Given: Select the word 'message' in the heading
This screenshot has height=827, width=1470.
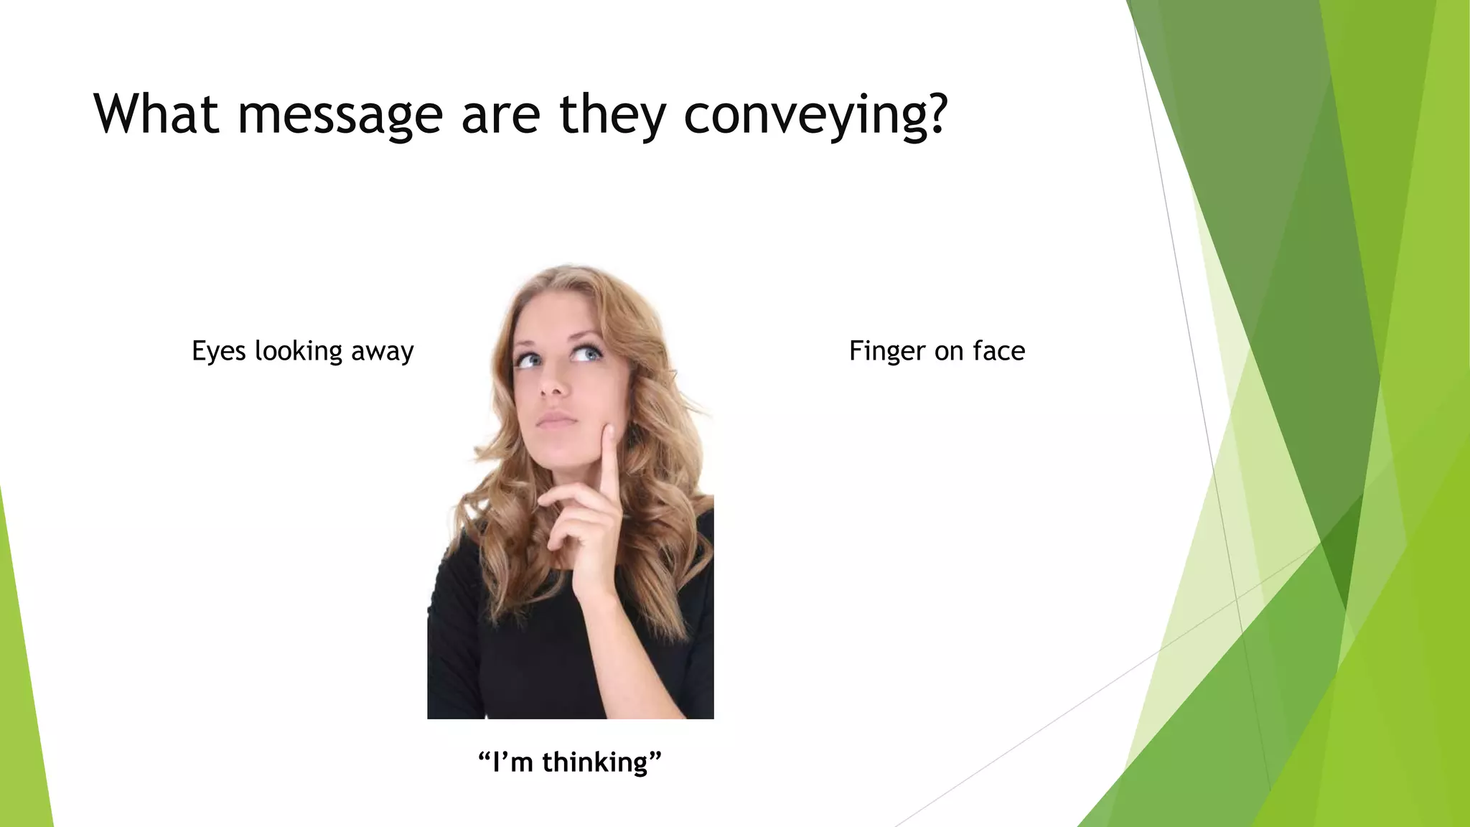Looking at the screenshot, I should pos(340,115).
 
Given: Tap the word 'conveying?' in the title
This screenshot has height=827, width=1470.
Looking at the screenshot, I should pos(815,115).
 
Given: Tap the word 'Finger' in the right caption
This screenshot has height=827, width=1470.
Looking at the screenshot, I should pos(887,351).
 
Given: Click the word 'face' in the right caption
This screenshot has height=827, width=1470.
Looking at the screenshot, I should pos(999,351).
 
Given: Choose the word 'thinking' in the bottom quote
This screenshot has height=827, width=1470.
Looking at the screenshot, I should pos(595,762).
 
